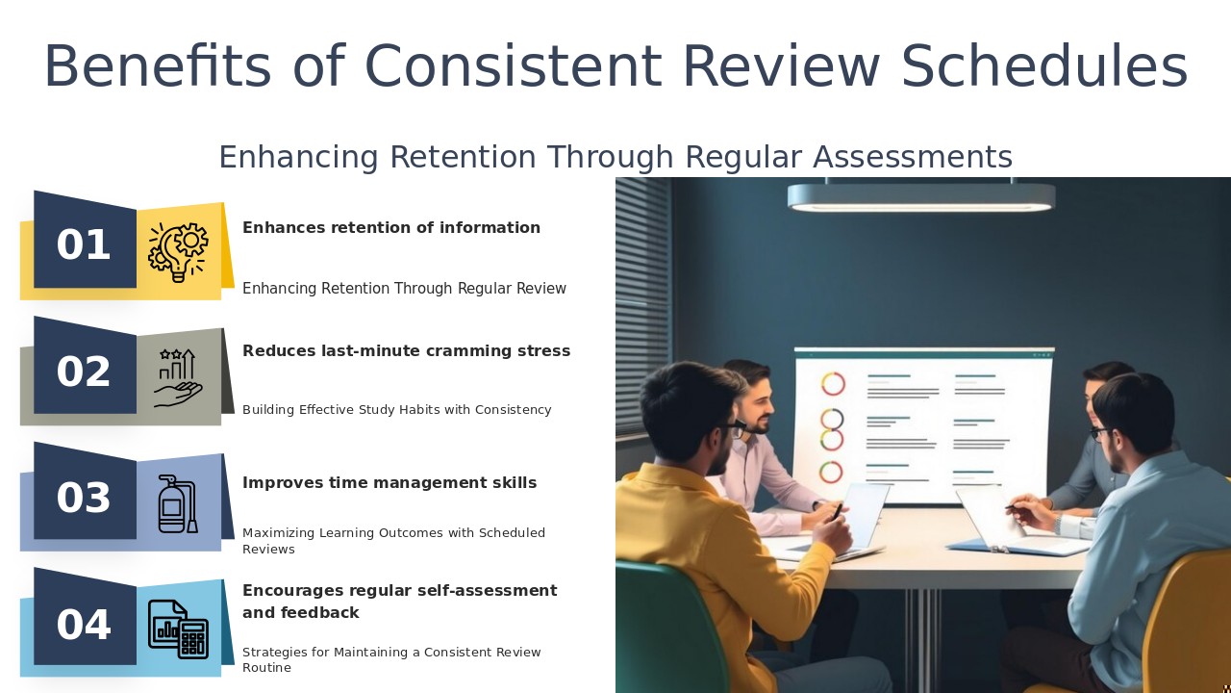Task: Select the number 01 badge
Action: [x=84, y=244]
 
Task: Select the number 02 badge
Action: [x=84, y=372]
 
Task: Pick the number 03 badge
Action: [x=84, y=498]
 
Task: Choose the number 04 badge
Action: [x=84, y=625]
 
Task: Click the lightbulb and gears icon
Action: [x=178, y=251]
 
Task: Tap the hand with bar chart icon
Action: [x=178, y=377]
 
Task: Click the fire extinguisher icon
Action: [x=177, y=503]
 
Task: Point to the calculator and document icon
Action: [x=178, y=629]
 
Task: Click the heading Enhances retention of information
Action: [x=390, y=228]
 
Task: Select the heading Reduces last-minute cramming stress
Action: [x=406, y=351]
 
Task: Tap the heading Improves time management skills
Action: [x=389, y=483]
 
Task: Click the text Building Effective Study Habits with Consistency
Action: [x=396, y=410]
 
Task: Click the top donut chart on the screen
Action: [x=833, y=384]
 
